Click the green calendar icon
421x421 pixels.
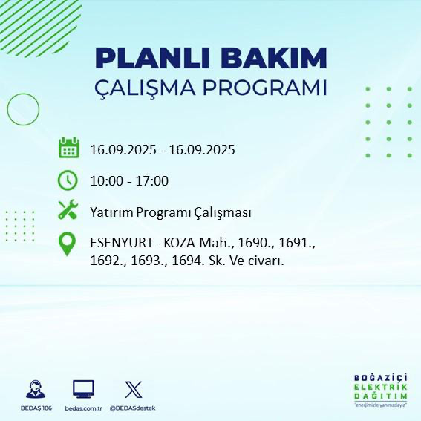click(x=68, y=148)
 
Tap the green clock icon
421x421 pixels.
click(x=68, y=180)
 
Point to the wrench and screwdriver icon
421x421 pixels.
click(x=68, y=211)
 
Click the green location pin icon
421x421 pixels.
click(x=68, y=245)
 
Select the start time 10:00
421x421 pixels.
click(x=105, y=180)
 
